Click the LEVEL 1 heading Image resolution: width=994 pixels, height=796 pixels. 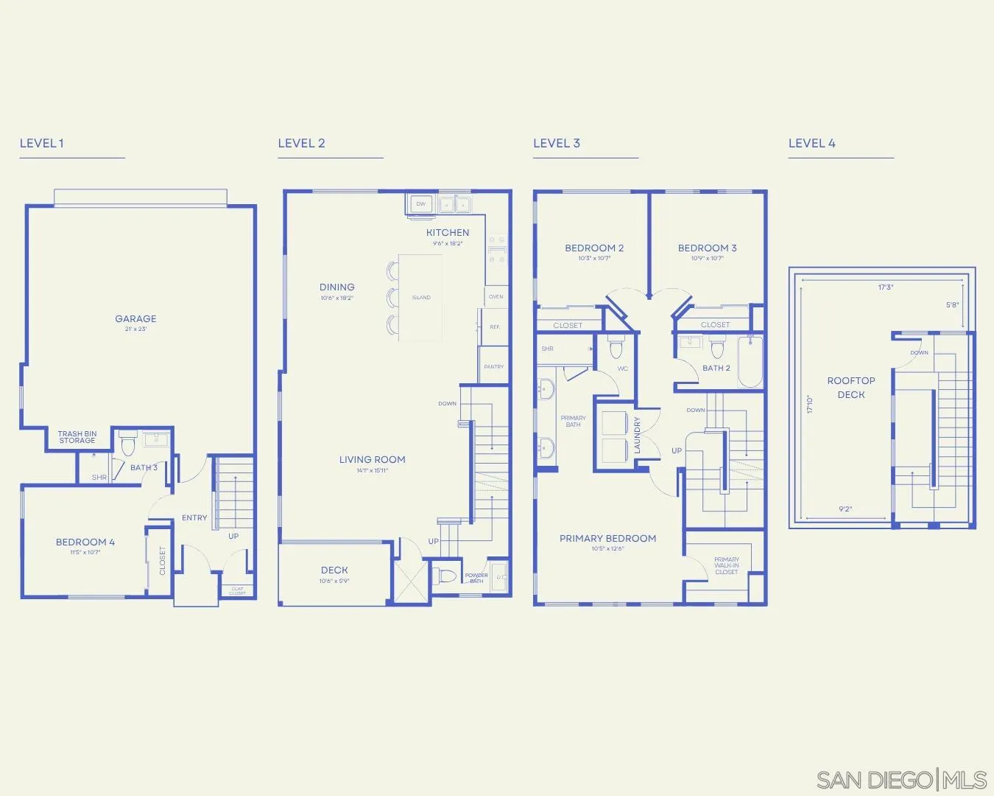[42, 143]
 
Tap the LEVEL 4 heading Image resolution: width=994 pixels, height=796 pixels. [811, 143]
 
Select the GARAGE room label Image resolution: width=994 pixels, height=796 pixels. [135, 319]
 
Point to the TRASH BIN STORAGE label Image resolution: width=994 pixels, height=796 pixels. [77, 437]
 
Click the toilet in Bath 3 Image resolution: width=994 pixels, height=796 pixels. [127, 444]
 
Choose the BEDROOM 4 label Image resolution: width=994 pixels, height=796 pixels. [85, 542]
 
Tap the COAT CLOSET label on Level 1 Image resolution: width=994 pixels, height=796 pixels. [237, 591]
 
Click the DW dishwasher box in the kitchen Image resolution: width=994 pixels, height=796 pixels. [421, 204]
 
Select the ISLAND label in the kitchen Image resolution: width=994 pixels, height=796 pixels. [421, 298]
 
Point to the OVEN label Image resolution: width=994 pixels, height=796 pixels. [496, 297]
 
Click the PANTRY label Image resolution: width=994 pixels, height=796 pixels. [494, 366]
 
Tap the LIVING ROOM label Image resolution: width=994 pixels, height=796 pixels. [372, 460]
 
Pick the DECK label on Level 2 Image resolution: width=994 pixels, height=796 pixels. [334, 570]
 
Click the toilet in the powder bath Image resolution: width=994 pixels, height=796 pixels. [447, 575]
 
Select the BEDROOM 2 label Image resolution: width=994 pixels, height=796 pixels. [594, 248]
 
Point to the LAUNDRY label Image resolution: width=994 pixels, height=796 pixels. [638, 435]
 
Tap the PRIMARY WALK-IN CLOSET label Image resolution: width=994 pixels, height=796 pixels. [726, 565]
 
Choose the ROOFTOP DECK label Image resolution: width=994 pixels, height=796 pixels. [851, 388]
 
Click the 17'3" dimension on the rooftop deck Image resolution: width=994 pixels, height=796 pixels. [885, 287]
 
